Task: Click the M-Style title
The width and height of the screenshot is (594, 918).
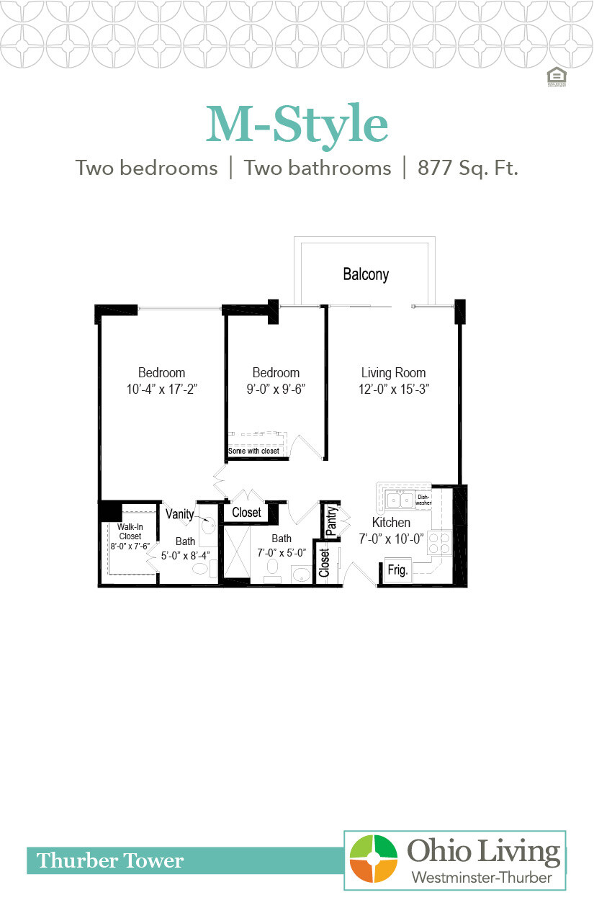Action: (x=297, y=125)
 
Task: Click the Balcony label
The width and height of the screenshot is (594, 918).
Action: (x=366, y=274)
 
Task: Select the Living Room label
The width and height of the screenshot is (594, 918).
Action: (x=393, y=373)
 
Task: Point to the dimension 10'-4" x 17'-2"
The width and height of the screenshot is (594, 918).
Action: (x=161, y=389)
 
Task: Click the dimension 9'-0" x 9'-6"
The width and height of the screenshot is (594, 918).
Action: (x=276, y=389)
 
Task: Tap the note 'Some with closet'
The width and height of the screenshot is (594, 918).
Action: (x=253, y=451)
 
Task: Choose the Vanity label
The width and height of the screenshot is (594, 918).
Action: (x=179, y=514)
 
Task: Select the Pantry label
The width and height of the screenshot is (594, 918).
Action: (x=331, y=520)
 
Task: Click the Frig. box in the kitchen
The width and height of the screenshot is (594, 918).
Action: (x=398, y=570)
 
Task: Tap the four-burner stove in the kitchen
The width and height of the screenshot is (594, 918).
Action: (x=439, y=542)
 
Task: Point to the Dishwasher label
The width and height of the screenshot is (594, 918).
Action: (x=423, y=500)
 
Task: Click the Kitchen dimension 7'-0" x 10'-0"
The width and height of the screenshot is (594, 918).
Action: (x=392, y=539)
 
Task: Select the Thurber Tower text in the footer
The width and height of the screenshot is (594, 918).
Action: (x=110, y=860)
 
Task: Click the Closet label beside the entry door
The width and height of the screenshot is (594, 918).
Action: (x=324, y=562)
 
